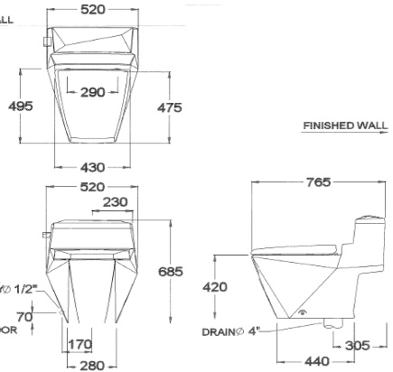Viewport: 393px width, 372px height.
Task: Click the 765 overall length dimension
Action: point(317,182)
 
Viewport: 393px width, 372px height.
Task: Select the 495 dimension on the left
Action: point(21,106)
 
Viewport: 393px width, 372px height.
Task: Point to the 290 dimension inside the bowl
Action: point(93,92)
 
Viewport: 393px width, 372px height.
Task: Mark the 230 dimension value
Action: point(113,203)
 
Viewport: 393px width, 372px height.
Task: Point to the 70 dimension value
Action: point(49,317)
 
